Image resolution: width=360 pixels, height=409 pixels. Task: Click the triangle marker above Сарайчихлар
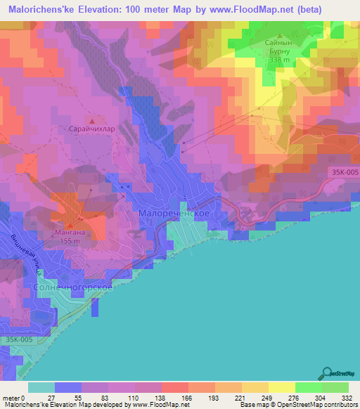coord(92,120)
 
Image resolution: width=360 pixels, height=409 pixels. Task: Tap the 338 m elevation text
coord(279,60)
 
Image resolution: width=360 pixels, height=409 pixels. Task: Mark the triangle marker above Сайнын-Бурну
coord(280,35)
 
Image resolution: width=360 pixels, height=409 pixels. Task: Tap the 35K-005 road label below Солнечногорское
coord(19,339)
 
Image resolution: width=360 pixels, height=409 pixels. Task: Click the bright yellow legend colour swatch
coord(282,387)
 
